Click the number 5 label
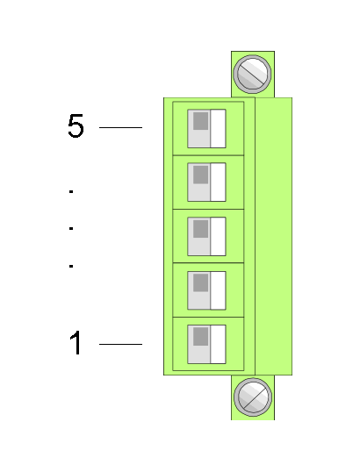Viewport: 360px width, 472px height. (76, 125)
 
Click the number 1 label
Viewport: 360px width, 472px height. (76, 343)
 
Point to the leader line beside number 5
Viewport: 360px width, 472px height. (120, 127)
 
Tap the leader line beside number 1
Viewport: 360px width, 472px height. (120, 344)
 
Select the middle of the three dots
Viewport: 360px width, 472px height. (71, 228)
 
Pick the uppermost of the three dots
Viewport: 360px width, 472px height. (71, 191)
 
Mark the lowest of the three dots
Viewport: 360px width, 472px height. (71, 266)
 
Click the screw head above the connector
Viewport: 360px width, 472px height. (252, 74)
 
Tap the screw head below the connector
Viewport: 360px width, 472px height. (253, 397)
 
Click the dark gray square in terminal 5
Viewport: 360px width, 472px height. (201, 121)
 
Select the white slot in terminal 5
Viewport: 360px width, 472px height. (218, 129)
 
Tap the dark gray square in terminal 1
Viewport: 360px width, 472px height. (201, 337)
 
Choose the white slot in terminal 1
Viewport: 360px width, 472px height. (218, 345)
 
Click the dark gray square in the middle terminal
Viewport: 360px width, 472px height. (201, 229)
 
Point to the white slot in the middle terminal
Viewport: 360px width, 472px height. (218, 236)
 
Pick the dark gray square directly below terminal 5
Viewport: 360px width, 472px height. (201, 175)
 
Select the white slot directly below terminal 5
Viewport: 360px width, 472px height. (218, 182)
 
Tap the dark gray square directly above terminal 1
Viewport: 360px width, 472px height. (201, 282)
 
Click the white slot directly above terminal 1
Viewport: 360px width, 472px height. (218, 290)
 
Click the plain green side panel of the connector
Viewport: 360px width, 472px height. (274, 236)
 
